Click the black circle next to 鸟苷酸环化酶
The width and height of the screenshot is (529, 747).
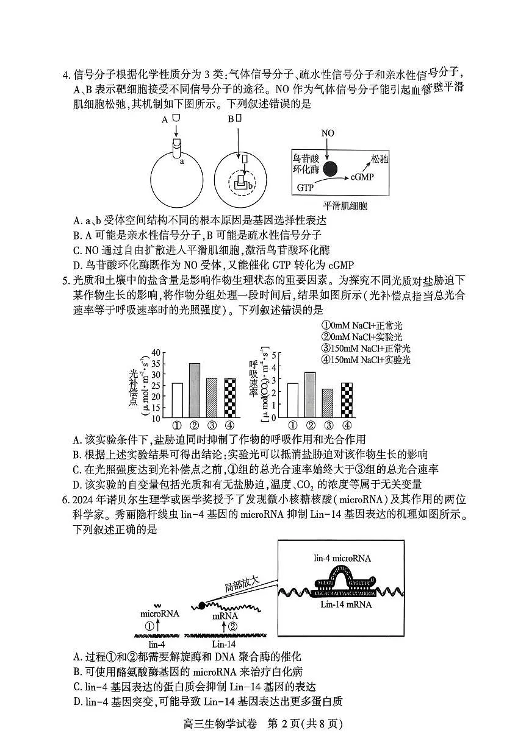(330, 169)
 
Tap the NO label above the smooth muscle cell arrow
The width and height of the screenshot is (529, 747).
(328, 133)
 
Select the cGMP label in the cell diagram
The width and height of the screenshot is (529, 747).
(362, 177)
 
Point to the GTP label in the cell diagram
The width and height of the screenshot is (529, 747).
(306, 188)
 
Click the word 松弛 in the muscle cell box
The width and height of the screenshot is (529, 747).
(380, 158)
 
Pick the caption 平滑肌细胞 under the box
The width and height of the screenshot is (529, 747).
(345, 206)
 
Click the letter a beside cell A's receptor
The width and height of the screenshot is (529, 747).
(181, 162)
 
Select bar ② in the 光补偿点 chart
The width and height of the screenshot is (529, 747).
(195, 390)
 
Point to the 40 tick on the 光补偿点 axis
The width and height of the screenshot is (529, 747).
(155, 353)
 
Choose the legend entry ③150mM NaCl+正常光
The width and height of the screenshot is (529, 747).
(366, 349)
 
